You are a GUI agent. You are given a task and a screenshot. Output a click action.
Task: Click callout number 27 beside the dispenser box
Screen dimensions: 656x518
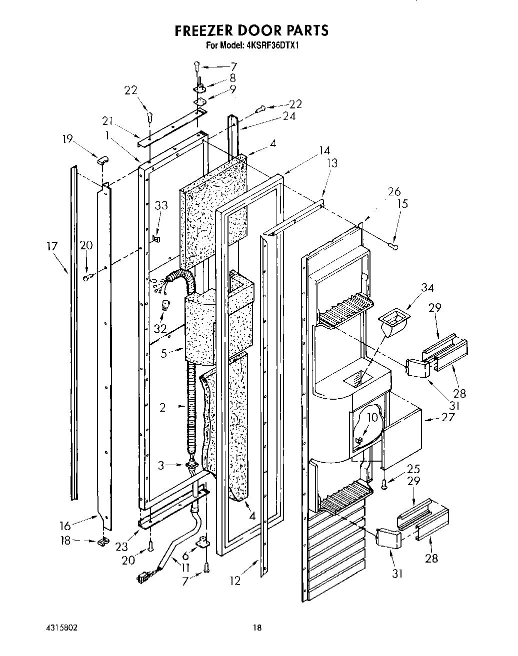point(448,416)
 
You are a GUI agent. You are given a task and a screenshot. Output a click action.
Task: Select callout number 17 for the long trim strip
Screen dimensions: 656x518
point(52,245)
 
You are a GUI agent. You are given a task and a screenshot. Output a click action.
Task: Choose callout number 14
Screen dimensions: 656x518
point(324,150)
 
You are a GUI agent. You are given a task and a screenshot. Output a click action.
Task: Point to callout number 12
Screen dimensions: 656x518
point(235,581)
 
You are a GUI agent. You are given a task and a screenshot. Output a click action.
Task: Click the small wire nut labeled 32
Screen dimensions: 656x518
point(164,307)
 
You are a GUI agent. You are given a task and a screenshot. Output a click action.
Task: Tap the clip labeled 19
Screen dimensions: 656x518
point(102,160)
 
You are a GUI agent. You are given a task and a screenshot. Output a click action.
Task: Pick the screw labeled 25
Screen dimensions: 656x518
point(383,484)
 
